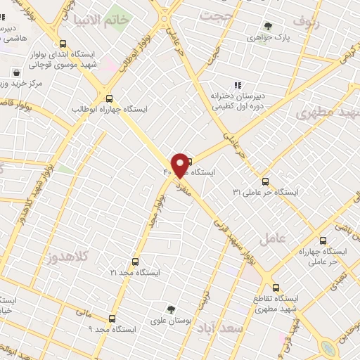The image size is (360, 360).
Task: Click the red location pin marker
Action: tap(181, 165)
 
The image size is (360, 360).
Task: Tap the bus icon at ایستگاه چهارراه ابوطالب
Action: tap(108, 98)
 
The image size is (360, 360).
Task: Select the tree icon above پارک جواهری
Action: tap(267, 26)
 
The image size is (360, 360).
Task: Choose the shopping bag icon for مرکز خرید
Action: tap(16, 72)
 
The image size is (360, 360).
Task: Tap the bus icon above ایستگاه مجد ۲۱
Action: tap(136, 261)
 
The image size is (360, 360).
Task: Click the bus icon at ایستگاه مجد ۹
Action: tap(112, 319)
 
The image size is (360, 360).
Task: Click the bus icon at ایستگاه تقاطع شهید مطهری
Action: tap(276, 287)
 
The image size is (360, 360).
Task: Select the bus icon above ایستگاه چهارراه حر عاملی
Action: tap(323, 240)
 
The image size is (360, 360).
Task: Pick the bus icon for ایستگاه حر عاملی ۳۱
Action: tap(265, 181)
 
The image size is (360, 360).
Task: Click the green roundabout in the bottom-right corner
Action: tap(328, 349)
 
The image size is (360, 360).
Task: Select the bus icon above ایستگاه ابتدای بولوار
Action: tap(65, 42)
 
